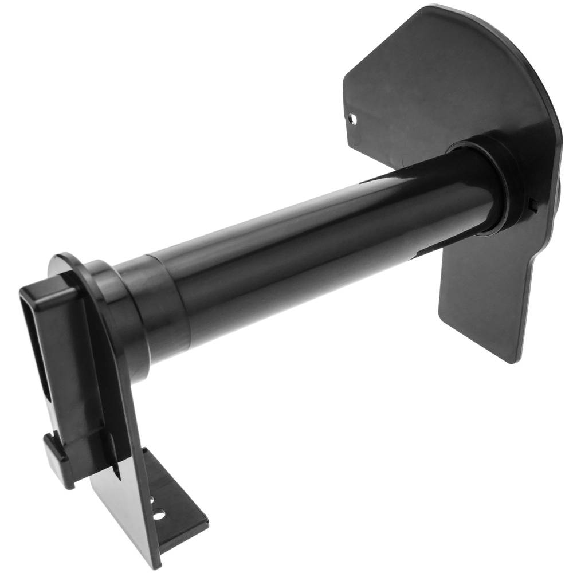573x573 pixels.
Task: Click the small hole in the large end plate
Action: pos(354,119)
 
